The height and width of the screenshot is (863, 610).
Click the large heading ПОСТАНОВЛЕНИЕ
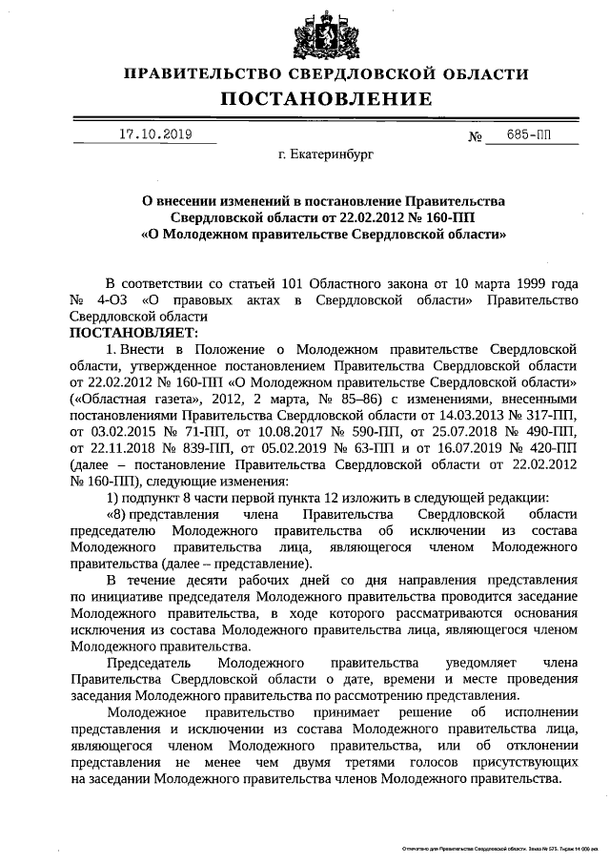coord(327,98)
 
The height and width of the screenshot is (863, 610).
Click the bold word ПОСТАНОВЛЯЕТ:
coord(132,333)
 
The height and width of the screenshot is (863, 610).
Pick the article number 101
coord(295,284)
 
